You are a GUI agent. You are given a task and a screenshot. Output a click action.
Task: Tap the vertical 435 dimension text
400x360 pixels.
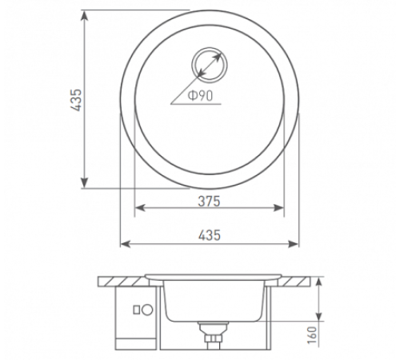coord(77,100)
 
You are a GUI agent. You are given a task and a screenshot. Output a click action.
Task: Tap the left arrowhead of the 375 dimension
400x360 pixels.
coord(138,209)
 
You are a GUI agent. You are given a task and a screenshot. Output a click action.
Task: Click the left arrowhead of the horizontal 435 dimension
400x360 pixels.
coord(124,242)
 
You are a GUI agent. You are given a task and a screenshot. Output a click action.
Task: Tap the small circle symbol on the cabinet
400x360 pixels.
coord(147,309)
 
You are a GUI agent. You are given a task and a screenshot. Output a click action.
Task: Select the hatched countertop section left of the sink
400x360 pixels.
coord(120,281)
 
